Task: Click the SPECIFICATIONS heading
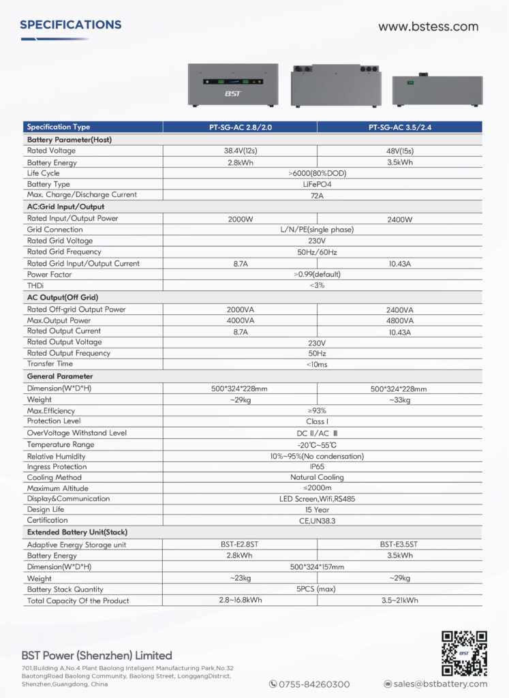(x=71, y=25)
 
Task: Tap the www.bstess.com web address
(x=428, y=27)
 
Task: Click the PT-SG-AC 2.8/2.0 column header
(x=239, y=127)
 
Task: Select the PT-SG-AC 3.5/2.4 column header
(x=399, y=127)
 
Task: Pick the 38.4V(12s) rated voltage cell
(x=239, y=151)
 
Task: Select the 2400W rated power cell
(x=399, y=219)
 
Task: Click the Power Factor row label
(x=50, y=275)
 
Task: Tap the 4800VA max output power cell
(x=399, y=320)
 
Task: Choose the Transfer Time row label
(x=51, y=364)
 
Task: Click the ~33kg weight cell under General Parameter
(x=399, y=400)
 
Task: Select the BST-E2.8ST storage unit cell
(x=239, y=545)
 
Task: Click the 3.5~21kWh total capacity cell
(x=399, y=601)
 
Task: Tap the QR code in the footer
(x=464, y=653)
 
